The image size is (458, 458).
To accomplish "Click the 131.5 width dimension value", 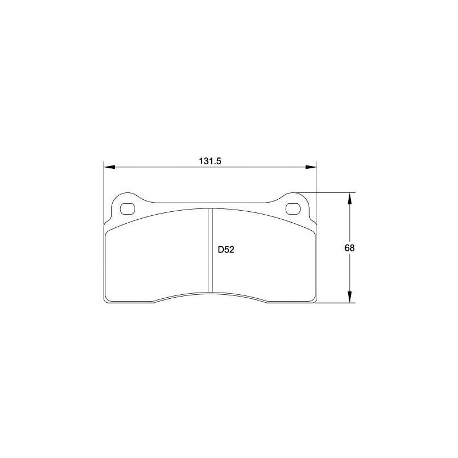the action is pos(210,161).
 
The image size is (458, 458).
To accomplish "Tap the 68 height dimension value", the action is pos(349,248).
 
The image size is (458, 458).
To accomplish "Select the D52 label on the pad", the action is pos(226,250).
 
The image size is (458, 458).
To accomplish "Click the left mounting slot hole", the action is pos(128,209).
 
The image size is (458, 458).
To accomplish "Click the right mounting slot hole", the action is pos(293,209).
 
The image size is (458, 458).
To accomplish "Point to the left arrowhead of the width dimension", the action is pos(110,167).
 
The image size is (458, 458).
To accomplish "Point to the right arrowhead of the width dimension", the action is pos(311,167).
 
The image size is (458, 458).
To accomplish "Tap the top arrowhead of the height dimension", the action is pos(349,199).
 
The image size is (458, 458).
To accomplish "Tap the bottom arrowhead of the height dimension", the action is pos(349,297).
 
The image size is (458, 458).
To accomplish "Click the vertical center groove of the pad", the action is pos(210,250).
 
